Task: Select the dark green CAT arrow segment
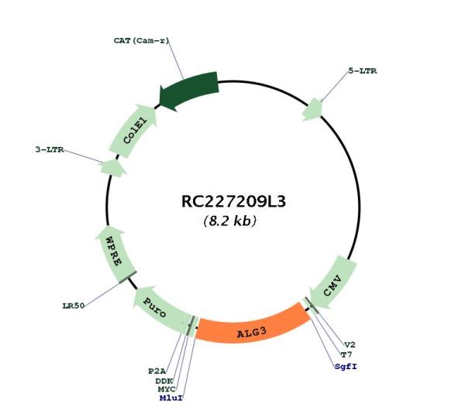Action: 189,91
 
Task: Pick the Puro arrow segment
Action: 163,310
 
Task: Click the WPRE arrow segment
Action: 114,254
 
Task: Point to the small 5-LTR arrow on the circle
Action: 312,110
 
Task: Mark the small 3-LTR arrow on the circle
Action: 113,168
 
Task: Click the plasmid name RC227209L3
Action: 233,201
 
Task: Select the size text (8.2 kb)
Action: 229,221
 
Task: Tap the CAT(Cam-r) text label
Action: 141,40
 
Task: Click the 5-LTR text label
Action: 363,70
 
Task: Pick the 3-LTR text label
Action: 50,149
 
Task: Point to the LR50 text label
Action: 74,306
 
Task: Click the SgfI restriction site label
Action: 346,366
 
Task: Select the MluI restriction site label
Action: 170,398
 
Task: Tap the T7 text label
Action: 346,354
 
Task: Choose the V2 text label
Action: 350,344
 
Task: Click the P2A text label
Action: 157,371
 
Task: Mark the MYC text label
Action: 167,389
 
